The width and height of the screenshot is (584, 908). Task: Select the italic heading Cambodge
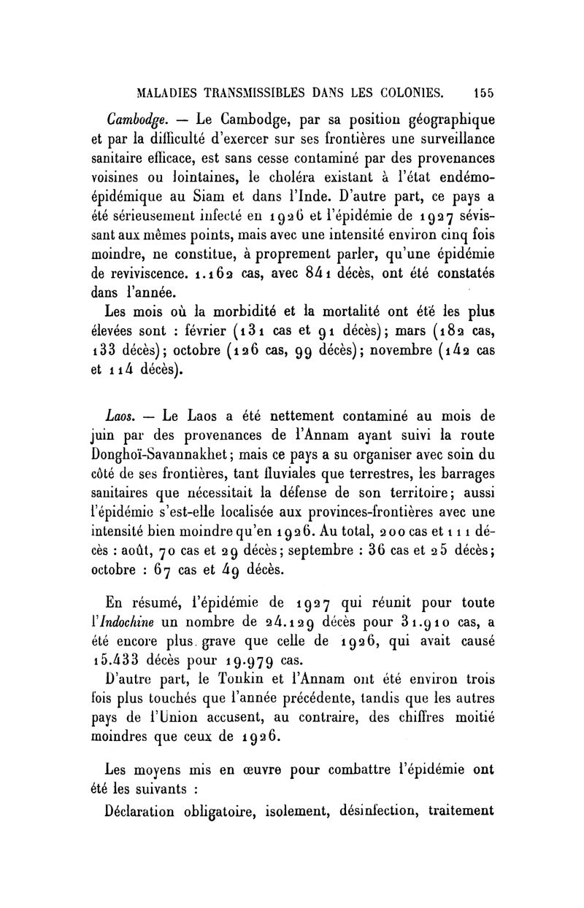click(x=140, y=120)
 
